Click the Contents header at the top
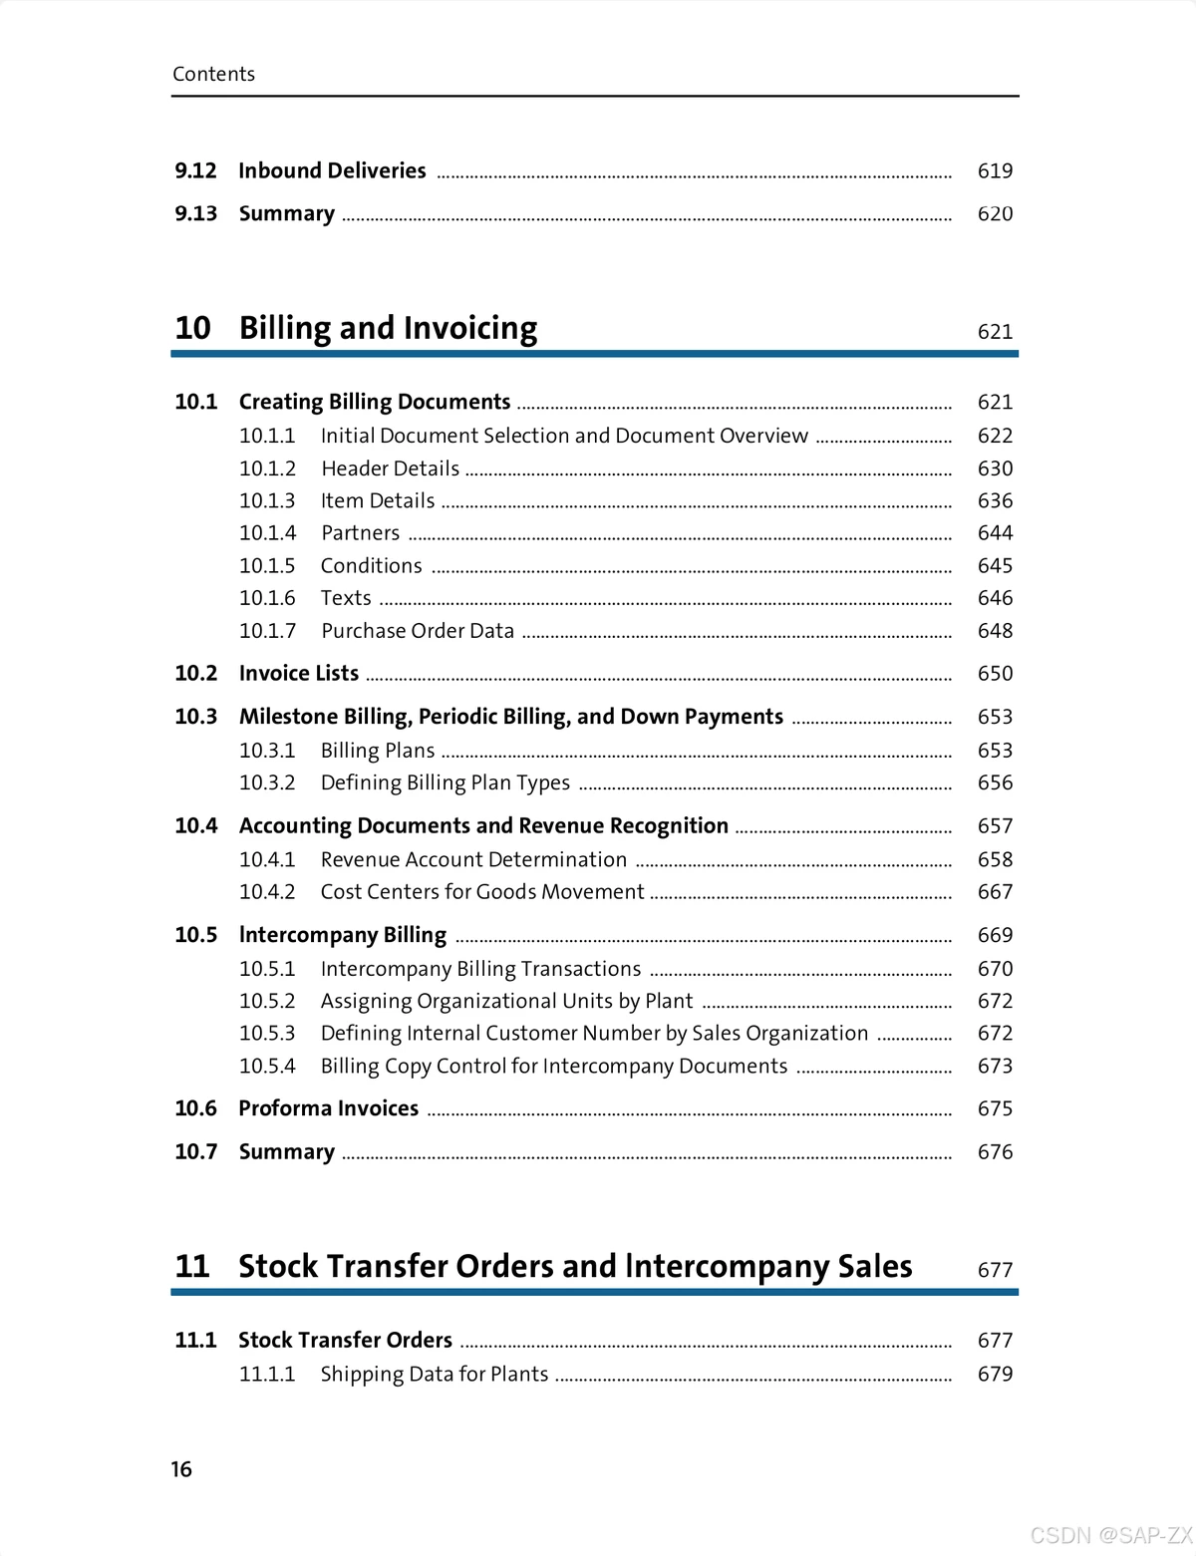pos(213,74)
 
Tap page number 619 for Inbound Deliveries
pos(995,171)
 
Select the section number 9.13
pos(195,213)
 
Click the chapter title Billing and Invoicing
pos(388,328)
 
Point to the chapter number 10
pos(192,328)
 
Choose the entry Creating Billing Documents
pos(375,402)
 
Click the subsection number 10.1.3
pos(267,500)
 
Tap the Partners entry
pos(360,533)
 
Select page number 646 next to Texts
pos(995,598)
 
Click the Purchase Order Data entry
pos(418,631)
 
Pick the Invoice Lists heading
pos(298,674)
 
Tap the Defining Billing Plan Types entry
pos(445,782)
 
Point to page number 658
pos(995,859)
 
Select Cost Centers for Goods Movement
pos(482,892)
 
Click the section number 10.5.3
pos(267,1034)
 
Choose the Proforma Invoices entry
pos(328,1108)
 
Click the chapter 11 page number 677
pos(995,1270)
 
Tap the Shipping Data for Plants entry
pos(434,1374)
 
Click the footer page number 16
pos(181,1469)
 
